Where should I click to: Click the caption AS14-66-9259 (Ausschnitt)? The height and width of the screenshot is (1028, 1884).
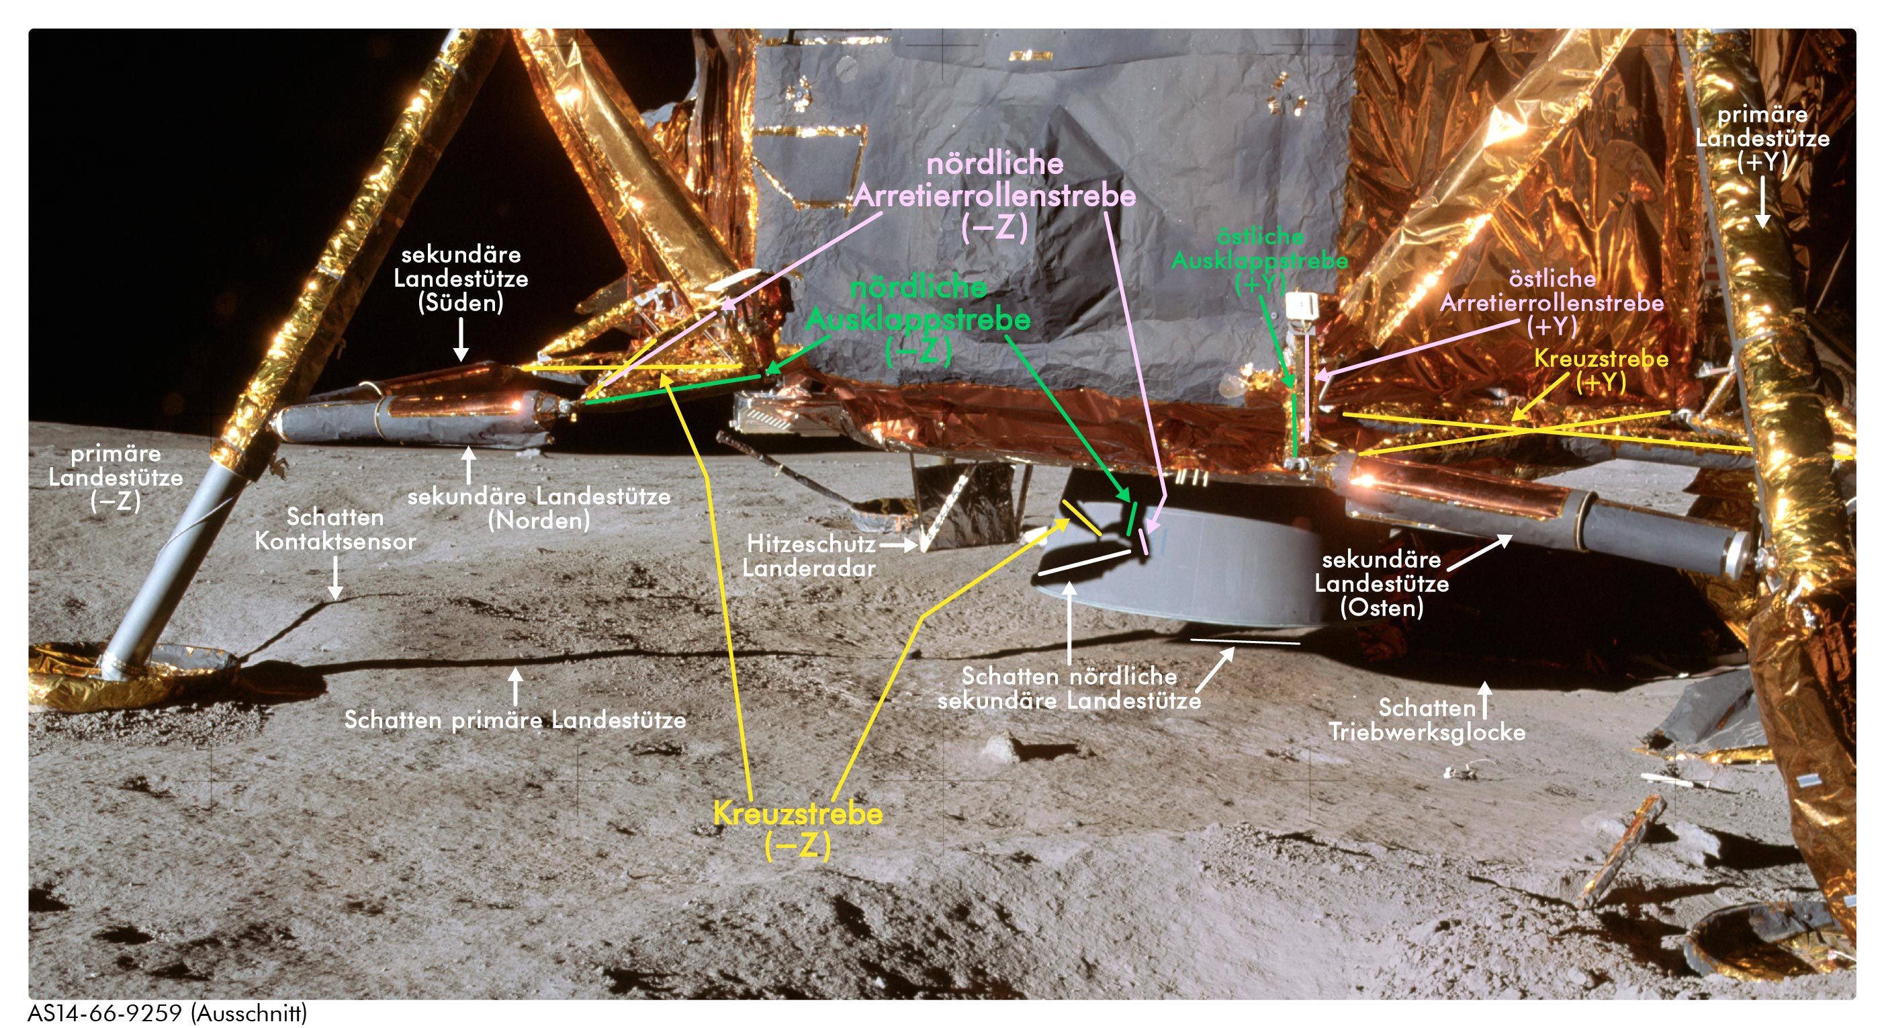pyautogui.click(x=167, y=1013)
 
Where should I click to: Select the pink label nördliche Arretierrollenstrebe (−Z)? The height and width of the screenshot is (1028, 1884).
pyautogui.click(x=995, y=196)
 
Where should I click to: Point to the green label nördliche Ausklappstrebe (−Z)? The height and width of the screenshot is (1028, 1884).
pyautogui.click(x=918, y=319)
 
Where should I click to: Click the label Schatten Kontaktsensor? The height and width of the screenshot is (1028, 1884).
pyautogui.click(x=335, y=529)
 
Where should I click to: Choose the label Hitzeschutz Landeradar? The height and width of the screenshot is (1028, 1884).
pyautogui.click(x=809, y=556)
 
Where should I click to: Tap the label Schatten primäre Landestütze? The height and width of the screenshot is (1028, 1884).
pyautogui.click(x=515, y=720)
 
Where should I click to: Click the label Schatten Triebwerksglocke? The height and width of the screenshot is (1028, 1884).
pyautogui.click(x=1427, y=720)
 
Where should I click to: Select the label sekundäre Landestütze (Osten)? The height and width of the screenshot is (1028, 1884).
pyautogui.click(x=1382, y=583)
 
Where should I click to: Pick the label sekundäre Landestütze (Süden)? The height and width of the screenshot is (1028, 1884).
pyautogui.click(x=461, y=278)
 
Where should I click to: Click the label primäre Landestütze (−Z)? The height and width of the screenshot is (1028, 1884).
pyautogui.click(x=116, y=477)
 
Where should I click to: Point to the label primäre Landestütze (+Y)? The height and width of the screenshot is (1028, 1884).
pyautogui.click(x=1762, y=138)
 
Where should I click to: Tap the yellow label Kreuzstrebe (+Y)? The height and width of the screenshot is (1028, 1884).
pyautogui.click(x=1601, y=370)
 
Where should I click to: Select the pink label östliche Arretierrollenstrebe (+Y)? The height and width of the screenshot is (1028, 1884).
pyautogui.click(x=1552, y=302)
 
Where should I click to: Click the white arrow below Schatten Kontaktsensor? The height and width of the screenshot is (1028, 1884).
pyautogui.click(x=335, y=578)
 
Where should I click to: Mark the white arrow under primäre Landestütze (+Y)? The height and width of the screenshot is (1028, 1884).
pyautogui.click(x=1762, y=201)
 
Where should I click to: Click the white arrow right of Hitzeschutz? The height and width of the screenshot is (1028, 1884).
pyautogui.click(x=898, y=544)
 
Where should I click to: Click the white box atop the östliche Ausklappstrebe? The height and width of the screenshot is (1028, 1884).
pyautogui.click(x=1301, y=305)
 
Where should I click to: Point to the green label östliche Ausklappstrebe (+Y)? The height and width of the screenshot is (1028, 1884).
pyautogui.click(x=1259, y=260)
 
